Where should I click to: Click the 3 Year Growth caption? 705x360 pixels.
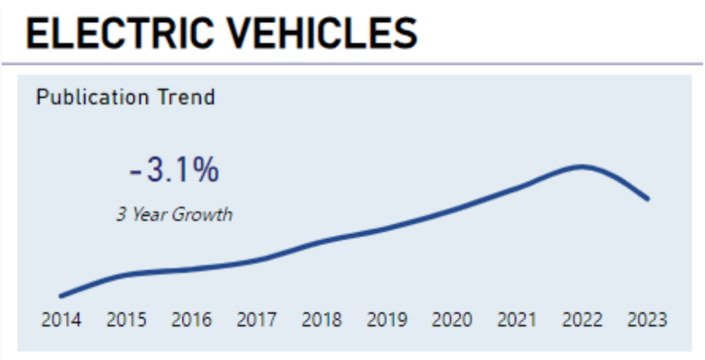pos(174,214)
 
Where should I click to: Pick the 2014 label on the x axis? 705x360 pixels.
pos(61,319)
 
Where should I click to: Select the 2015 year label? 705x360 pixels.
pos(126,319)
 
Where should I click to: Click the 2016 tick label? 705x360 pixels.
pos(191,319)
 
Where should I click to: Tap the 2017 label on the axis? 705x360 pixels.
pos(257,319)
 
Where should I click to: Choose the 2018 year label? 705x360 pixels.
pos(322,319)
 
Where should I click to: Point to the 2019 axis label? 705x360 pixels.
pos(387,319)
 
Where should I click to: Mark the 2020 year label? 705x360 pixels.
pos(452,319)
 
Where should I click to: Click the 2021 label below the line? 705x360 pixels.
pos(517,319)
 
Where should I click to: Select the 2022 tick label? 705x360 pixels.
pos(582,319)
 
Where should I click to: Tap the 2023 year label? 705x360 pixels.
pos(647,319)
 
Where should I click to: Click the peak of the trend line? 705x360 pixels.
pos(582,167)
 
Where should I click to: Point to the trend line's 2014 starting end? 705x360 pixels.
pos(62,296)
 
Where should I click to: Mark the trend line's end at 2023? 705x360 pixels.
pos(647,198)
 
